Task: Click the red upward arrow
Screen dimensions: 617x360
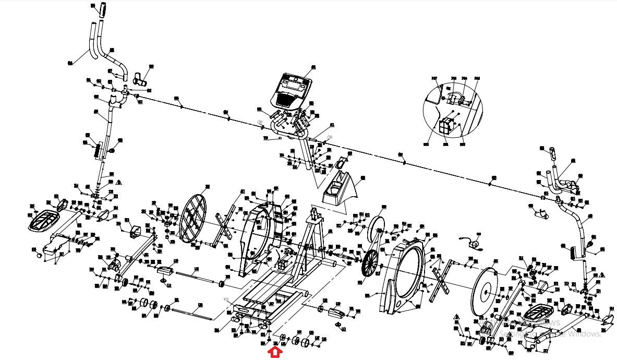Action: (275, 353)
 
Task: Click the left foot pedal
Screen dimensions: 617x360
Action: (47, 219)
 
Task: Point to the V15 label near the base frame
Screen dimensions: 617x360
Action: (226, 299)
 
